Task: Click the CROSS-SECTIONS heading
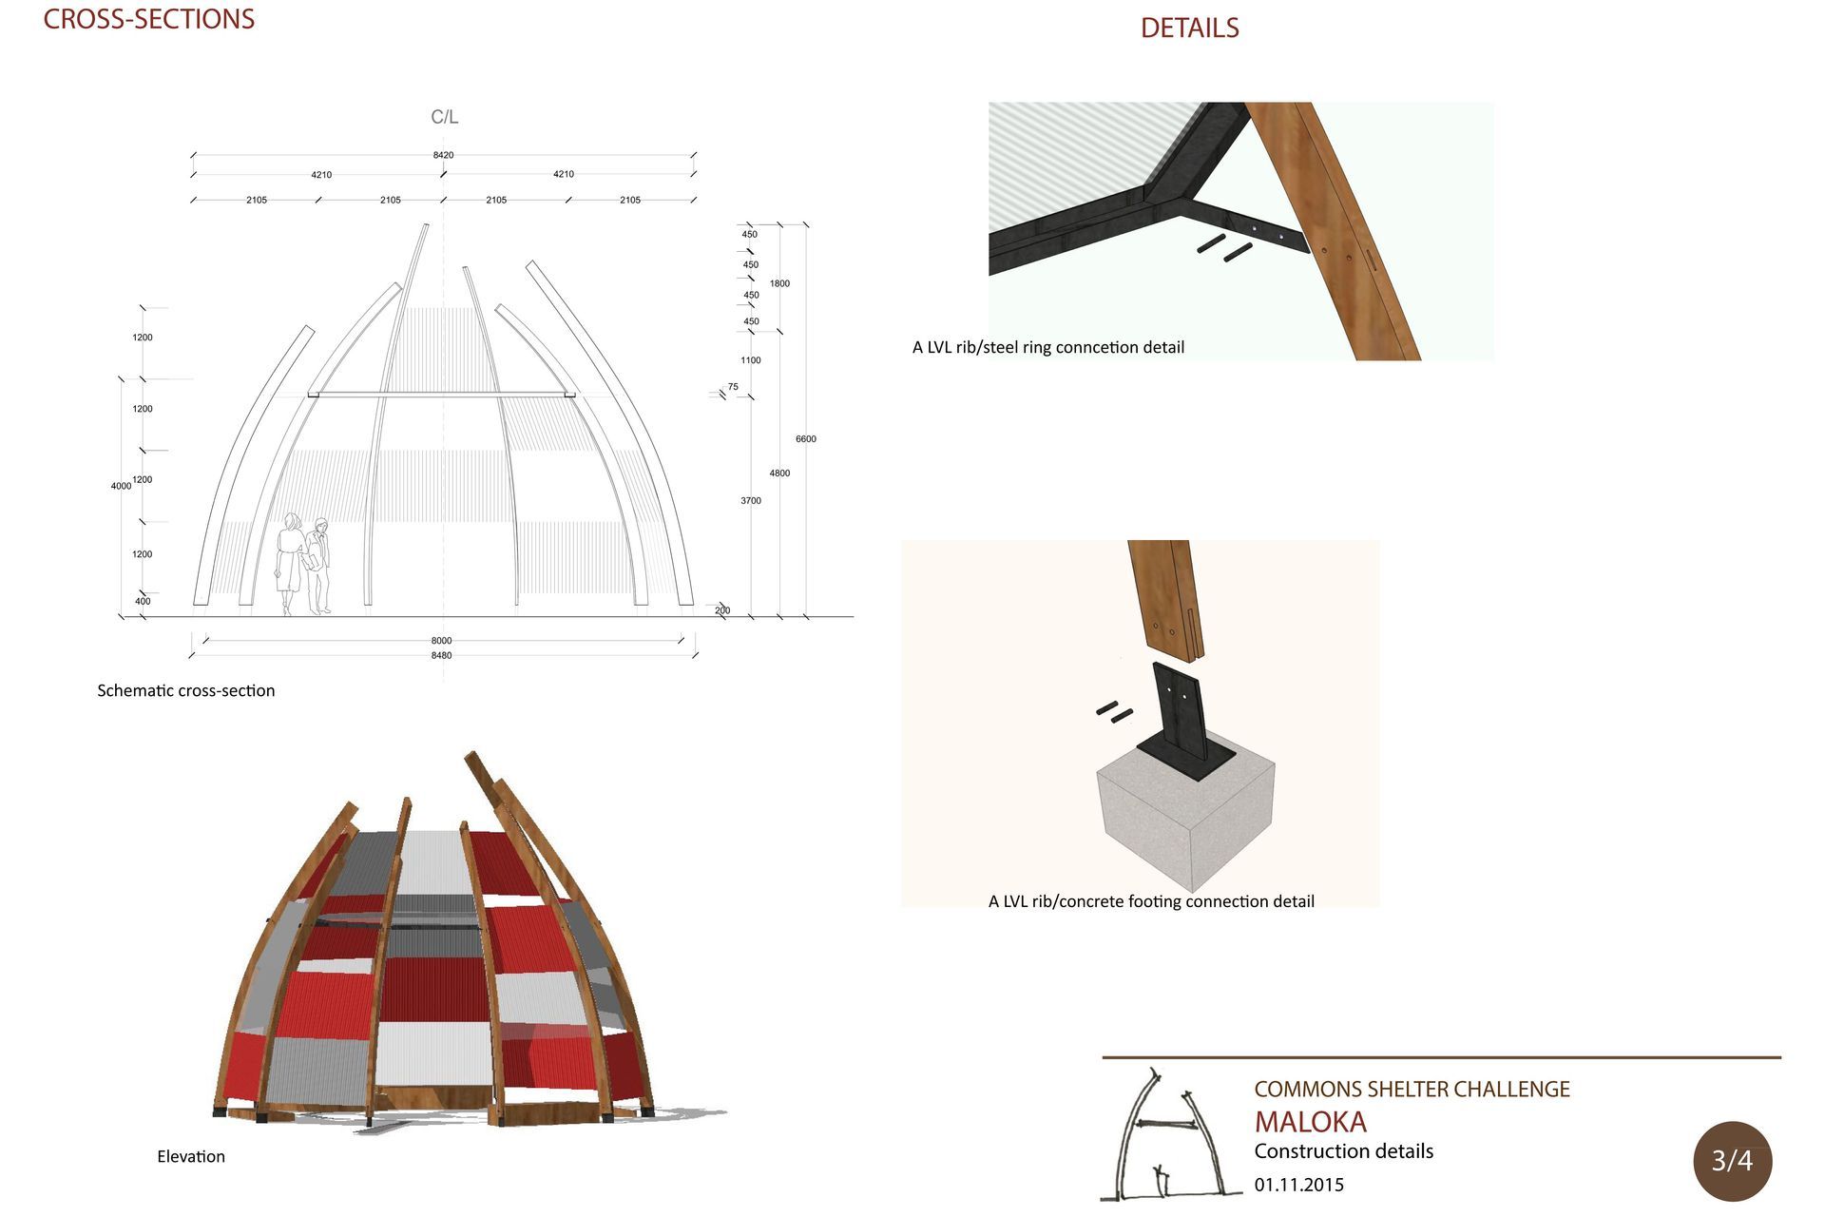[x=149, y=19]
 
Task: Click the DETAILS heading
[x=1189, y=29]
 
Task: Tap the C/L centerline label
[x=444, y=117]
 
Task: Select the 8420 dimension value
[x=443, y=155]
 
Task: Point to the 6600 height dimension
[x=806, y=439]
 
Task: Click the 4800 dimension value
[x=779, y=473]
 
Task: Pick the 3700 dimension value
[x=751, y=500]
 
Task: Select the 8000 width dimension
[x=441, y=641]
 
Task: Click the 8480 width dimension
[x=441, y=655]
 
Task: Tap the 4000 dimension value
[x=121, y=486]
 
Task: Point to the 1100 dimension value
[x=751, y=360]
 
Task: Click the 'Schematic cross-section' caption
[x=186, y=690]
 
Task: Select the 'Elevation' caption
[x=191, y=1156]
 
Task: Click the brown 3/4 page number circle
[x=1732, y=1161]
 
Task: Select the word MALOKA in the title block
[x=1311, y=1122]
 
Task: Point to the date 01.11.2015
[x=1299, y=1185]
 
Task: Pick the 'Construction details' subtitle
[x=1344, y=1151]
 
